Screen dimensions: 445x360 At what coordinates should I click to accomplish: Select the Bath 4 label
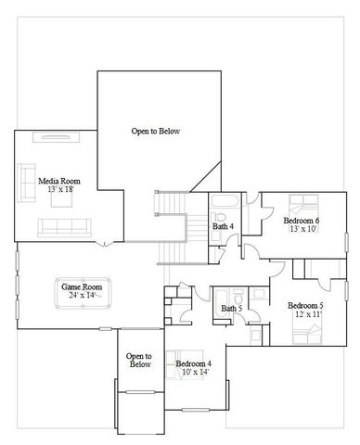point(223,225)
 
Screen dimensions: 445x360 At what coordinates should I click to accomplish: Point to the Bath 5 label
point(231,309)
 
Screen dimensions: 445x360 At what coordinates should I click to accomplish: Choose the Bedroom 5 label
point(304,305)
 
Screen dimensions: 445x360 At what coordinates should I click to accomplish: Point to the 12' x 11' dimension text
point(304,314)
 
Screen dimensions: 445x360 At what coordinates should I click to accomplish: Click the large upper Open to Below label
point(156,132)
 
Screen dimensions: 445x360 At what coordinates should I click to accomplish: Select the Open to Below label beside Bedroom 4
point(139,361)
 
